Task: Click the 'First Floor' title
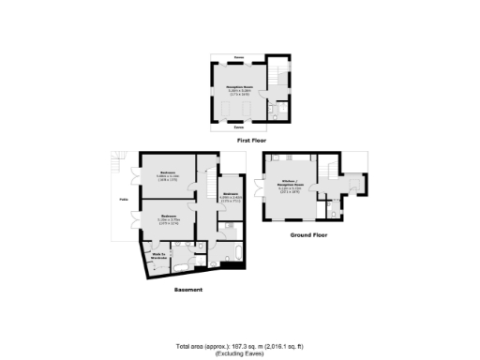[248, 139]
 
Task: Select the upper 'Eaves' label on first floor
[239, 58]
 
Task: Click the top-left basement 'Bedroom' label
[169, 173]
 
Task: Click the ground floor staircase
[332, 168]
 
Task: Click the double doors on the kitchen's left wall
[266, 192]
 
